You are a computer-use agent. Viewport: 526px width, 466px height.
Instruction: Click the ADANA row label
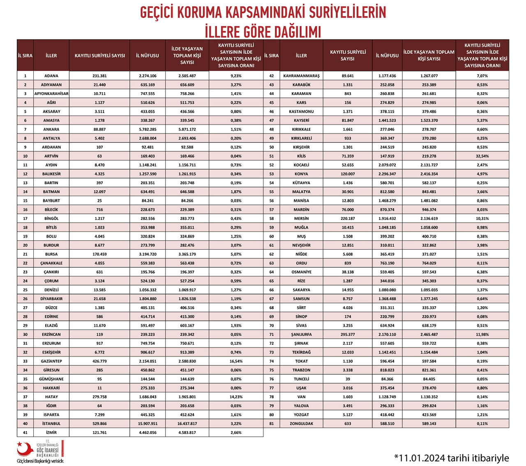[51, 76]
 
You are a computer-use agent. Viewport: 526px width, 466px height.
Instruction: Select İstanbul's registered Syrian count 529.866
[99, 424]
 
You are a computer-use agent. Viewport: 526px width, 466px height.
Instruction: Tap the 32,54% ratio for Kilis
[482, 156]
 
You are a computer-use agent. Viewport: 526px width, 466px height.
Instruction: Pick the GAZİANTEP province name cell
[51, 361]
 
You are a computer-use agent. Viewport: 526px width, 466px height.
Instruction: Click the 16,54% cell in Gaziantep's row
[236, 361]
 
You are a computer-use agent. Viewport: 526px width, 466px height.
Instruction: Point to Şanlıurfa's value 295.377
[348, 334]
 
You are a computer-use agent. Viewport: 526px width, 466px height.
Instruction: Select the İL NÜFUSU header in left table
[147, 56]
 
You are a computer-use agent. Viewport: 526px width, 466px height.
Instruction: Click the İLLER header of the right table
[301, 56]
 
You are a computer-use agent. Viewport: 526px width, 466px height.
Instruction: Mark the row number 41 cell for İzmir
[25, 433]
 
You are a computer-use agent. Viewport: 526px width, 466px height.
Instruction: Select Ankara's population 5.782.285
[147, 130]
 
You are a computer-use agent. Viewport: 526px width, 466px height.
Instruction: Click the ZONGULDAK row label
[301, 424]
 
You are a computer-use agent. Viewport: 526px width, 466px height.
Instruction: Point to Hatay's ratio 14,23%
[236, 397]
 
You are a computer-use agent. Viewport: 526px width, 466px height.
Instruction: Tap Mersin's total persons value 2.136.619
[429, 218]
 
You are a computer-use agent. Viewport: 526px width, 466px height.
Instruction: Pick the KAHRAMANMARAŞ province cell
[301, 76]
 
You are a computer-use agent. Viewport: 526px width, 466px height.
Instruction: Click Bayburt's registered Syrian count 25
[99, 201]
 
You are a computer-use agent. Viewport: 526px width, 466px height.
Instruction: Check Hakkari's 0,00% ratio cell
[236, 388]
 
